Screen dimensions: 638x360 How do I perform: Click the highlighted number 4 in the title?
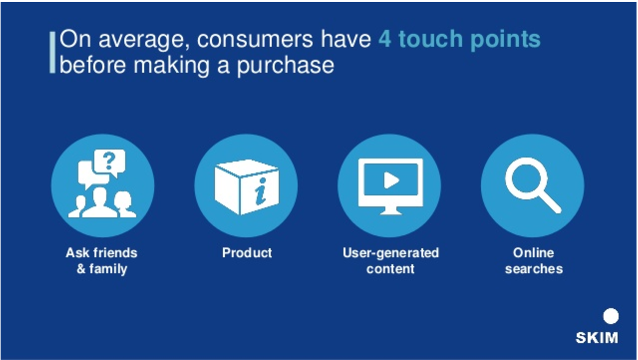click(x=384, y=39)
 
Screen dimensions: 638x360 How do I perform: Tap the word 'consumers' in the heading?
click(x=255, y=39)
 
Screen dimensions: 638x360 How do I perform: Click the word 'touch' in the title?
click(x=431, y=39)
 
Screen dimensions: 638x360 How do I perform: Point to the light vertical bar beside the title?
click(x=52, y=52)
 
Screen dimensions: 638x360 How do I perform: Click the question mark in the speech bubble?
click(x=109, y=161)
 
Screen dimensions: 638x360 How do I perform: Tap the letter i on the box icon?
click(x=261, y=191)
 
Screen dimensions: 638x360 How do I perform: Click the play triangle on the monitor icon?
click(x=391, y=180)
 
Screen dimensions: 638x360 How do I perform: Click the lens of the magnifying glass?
click(x=526, y=178)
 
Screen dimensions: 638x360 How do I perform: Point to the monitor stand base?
click(x=391, y=212)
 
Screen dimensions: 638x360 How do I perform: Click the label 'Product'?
click(x=247, y=253)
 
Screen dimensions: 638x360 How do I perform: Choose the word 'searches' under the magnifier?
click(x=534, y=269)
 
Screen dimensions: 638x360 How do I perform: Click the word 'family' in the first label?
click(x=108, y=269)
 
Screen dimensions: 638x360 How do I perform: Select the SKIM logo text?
click(x=597, y=338)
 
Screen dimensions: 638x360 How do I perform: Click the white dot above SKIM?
click(x=611, y=316)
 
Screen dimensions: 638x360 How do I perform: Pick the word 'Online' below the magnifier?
click(x=534, y=253)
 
